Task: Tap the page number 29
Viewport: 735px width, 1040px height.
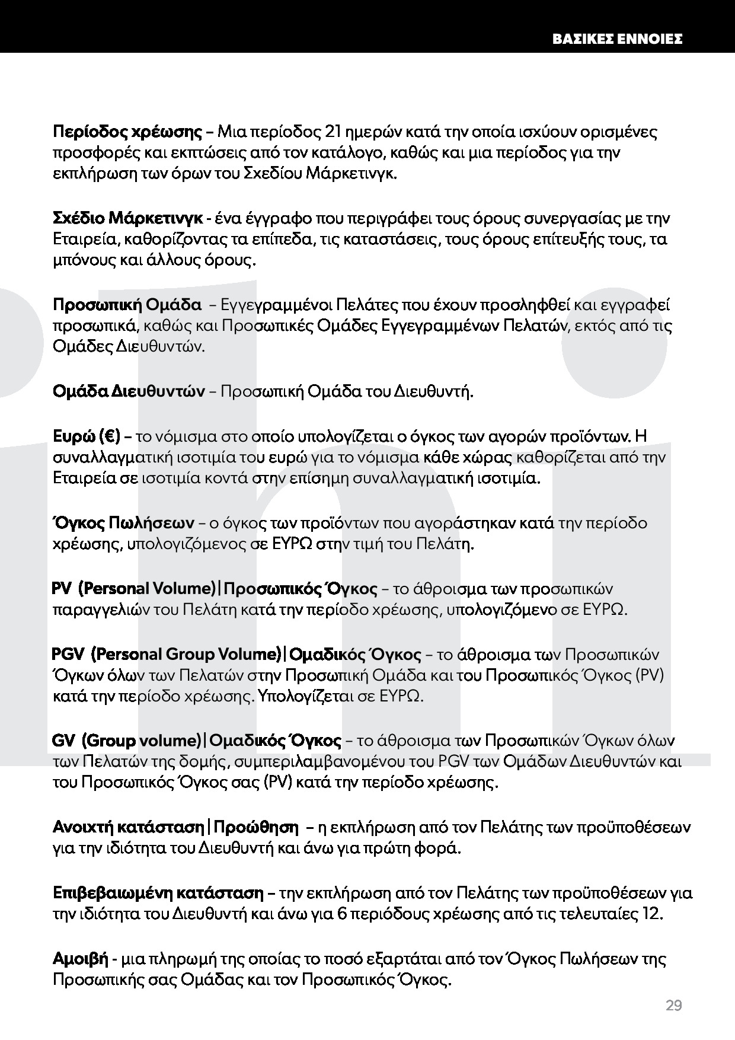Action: click(x=673, y=1006)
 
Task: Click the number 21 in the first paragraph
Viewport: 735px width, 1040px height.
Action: click(x=335, y=131)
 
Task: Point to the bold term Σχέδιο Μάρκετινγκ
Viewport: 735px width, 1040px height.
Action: click(x=128, y=218)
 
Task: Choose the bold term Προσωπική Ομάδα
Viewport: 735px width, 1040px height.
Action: click(x=127, y=305)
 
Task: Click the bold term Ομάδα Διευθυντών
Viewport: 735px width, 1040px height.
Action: click(x=129, y=392)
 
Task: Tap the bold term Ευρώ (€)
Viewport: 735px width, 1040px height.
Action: click(x=87, y=436)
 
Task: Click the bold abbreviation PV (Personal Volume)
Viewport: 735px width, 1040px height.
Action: click(x=134, y=589)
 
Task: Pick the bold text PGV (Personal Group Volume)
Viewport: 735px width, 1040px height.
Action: click(x=167, y=655)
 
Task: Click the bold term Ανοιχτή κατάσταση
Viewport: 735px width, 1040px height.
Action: click(x=129, y=827)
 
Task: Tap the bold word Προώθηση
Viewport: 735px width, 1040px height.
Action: click(x=255, y=827)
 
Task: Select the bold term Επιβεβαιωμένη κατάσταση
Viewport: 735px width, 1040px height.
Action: click(x=158, y=893)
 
